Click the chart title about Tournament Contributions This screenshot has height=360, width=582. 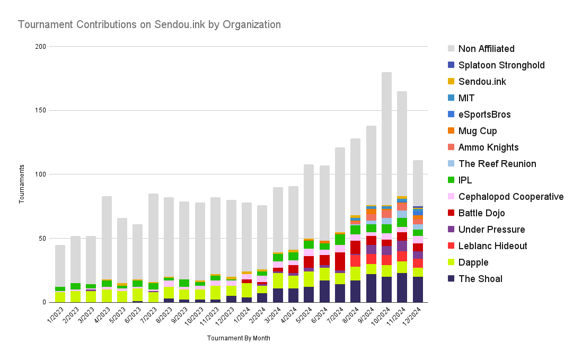[149, 24]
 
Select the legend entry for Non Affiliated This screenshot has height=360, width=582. [486, 49]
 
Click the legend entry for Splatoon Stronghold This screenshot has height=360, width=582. [501, 65]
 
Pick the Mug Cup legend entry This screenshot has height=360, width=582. [478, 131]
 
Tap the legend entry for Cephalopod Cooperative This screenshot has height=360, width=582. [510, 197]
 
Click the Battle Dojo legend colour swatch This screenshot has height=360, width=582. [451, 213]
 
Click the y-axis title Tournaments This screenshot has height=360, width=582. [22, 184]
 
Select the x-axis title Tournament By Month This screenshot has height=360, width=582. [239, 338]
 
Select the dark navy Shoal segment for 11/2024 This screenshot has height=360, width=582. [402, 287]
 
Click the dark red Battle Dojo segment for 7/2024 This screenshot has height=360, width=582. [340, 261]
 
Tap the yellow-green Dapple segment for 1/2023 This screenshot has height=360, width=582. [60, 297]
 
